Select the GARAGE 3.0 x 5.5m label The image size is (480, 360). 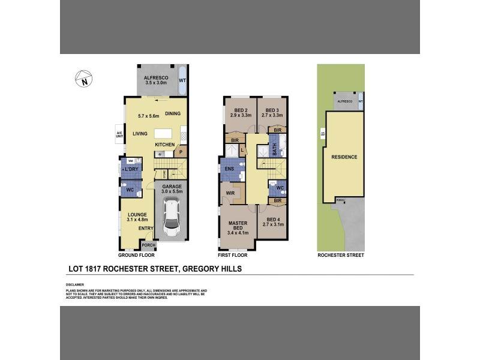pos(171,190)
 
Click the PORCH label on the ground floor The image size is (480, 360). pos(148,245)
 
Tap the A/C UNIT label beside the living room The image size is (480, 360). pos(119,134)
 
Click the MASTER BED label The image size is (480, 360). pos(238,226)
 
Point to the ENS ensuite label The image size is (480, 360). pos(229,169)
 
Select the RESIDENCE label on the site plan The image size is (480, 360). pos(344,157)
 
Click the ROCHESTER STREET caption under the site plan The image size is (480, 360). pos(341,255)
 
